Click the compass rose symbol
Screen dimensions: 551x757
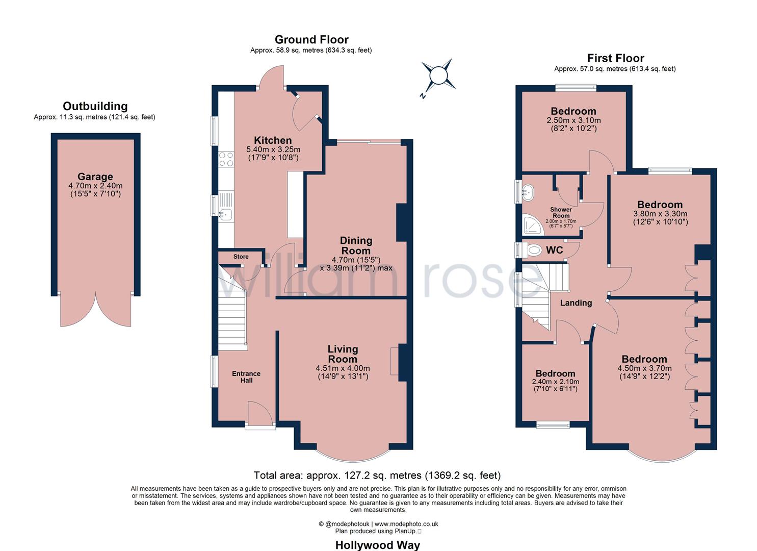[437, 76]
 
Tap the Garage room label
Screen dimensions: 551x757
[95, 177]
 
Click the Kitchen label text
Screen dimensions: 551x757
[273, 140]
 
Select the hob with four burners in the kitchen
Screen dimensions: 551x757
[226, 159]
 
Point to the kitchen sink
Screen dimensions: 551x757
[225, 215]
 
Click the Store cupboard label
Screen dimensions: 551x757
[241, 257]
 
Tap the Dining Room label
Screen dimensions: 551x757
[356, 245]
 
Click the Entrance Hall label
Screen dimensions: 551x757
[246, 377]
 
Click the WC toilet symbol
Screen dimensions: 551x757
[534, 251]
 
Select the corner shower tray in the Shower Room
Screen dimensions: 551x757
[533, 224]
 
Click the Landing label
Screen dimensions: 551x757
[576, 303]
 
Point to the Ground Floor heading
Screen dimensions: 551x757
[311, 40]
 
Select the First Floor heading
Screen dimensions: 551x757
[615, 58]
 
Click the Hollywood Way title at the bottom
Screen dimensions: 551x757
[378, 545]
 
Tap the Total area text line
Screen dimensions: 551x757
[377, 475]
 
